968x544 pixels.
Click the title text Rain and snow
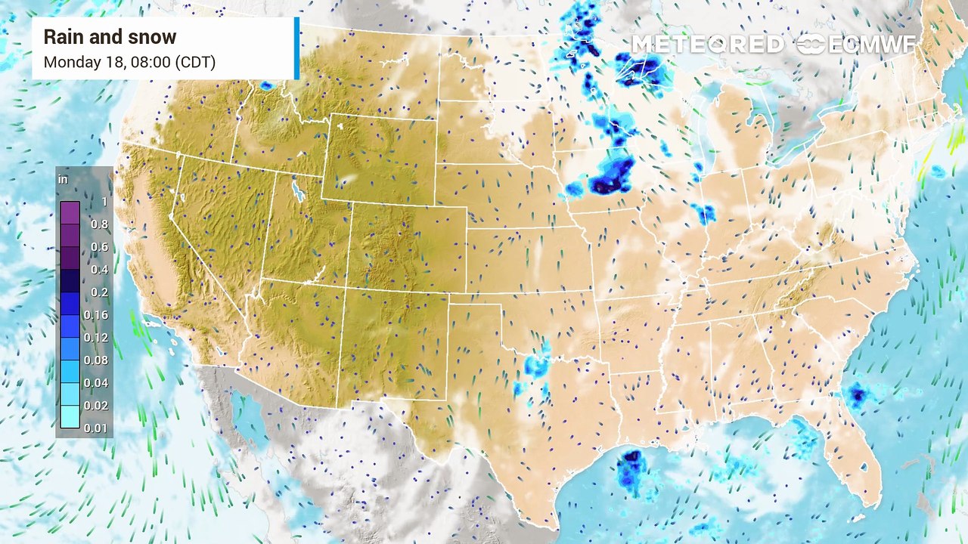tap(110, 37)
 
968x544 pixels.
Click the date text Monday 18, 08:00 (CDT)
tap(129, 62)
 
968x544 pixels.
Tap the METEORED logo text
tap(707, 45)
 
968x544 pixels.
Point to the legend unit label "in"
tap(63, 180)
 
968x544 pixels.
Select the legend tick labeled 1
tap(104, 202)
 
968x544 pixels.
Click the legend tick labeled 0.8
tap(99, 224)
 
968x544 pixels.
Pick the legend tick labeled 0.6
tap(99, 247)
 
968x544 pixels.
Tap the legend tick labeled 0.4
tap(99, 270)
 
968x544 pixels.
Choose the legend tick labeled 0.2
tap(99, 292)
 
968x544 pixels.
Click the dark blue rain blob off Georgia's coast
tap(857, 394)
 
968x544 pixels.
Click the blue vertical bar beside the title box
tap(296, 48)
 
